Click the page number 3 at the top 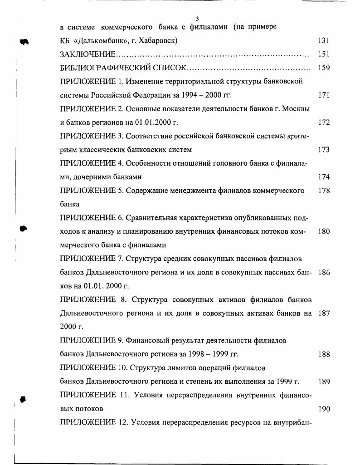tap(198, 19)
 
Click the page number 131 tap(324, 40)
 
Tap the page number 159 tap(324, 68)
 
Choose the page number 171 tap(324, 95)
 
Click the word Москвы tap(297, 109)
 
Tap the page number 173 tap(324, 150)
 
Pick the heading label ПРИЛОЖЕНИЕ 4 tap(92, 163)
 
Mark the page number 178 tap(324, 191)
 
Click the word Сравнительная tap(154, 218)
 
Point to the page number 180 tap(324, 231)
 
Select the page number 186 tap(324, 273)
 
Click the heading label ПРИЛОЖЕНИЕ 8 tap(93, 300)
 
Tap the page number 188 tap(324, 354)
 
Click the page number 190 tap(324, 409)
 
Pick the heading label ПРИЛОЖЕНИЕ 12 tap(93, 422)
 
